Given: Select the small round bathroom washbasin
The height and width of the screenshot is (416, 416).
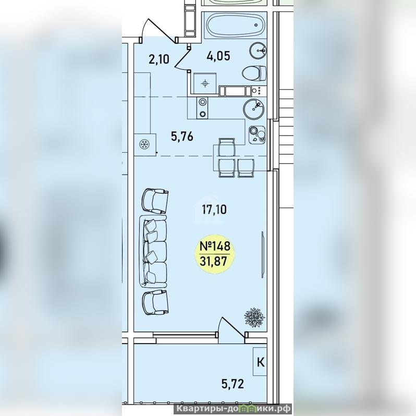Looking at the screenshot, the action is pyautogui.click(x=258, y=50).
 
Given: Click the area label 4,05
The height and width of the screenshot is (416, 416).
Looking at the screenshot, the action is pyautogui.click(x=218, y=56).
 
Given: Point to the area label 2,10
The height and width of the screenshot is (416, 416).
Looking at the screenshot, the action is pyautogui.click(x=159, y=59).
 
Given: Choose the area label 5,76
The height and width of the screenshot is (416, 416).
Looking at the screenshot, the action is pyautogui.click(x=182, y=137).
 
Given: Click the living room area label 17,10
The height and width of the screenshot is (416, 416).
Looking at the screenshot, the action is pyautogui.click(x=214, y=210).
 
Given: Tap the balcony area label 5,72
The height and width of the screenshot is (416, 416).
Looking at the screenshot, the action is pyautogui.click(x=233, y=383).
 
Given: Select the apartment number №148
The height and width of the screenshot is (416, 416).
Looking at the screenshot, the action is pyautogui.click(x=215, y=246).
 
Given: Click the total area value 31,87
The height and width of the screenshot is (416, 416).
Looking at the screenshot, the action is pyautogui.click(x=214, y=261).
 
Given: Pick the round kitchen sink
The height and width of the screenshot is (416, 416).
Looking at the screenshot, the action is pyautogui.click(x=254, y=109).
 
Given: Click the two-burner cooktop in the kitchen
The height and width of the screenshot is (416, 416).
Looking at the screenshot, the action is pyautogui.click(x=202, y=108).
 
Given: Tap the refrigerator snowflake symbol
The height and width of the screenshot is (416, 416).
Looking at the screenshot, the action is pyautogui.click(x=145, y=144).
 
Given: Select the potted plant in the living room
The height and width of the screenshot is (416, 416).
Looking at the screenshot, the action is pyautogui.click(x=254, y=317).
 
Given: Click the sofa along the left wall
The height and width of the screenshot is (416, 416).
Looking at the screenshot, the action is pyautogui.click(x=153, y=252).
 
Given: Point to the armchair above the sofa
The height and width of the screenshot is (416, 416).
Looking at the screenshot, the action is pyautogui.click(x=155, y=201).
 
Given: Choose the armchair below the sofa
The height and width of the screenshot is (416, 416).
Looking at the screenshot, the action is pyautogui.click(x=155, y=302).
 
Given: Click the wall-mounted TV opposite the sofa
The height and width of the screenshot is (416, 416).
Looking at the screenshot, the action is pyautogui.click(x=263, y=255).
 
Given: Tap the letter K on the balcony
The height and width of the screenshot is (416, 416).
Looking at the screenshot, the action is pyautogui.click(x=261, y=362).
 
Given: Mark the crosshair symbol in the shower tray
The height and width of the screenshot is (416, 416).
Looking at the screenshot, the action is pyautogui.click(x=205, y=84).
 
